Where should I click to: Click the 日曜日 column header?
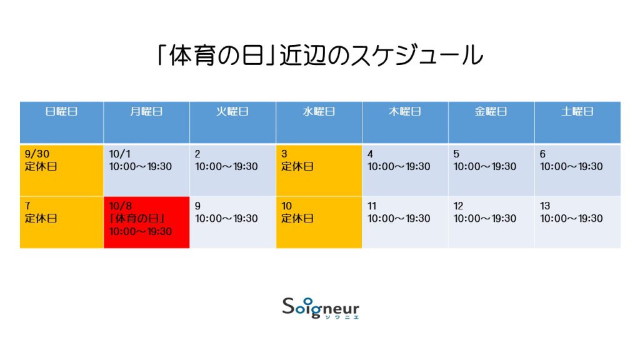62,122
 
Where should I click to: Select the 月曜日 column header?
146,122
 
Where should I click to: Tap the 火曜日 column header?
232,122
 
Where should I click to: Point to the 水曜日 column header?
319,122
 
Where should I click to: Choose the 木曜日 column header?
405,122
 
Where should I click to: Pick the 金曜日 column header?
491,122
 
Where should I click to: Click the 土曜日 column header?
577,122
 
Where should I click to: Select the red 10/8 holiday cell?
146,222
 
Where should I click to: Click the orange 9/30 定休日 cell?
62,170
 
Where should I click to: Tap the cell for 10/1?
146,170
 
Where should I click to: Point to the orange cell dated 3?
319,170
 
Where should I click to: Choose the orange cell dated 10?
319,222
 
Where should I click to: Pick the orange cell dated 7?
62,222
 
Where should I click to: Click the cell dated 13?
577,222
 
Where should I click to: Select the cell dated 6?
577,170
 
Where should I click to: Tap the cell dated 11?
405,222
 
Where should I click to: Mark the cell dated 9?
232,222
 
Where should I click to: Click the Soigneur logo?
321,308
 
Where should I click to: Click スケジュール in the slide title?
417,55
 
